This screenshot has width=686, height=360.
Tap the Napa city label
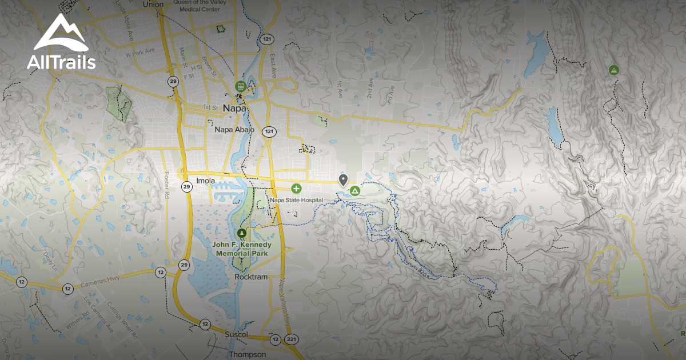point(234,108)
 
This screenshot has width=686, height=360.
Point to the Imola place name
point(205,181)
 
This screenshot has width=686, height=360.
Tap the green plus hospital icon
point(296,189)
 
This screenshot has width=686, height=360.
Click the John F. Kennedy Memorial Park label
point(242,249)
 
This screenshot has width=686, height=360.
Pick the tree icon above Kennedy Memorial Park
point(242,233)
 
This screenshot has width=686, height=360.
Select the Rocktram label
point(252,277)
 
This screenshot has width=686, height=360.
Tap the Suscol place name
point(236,334)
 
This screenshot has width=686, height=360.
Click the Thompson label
point(248,354)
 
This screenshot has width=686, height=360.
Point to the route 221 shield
point(292,340)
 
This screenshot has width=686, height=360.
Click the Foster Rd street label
point(167,183)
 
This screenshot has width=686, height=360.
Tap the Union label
point(153,4)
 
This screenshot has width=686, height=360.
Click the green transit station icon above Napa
point(241,87)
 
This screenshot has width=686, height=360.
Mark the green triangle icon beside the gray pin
point(354,190)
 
